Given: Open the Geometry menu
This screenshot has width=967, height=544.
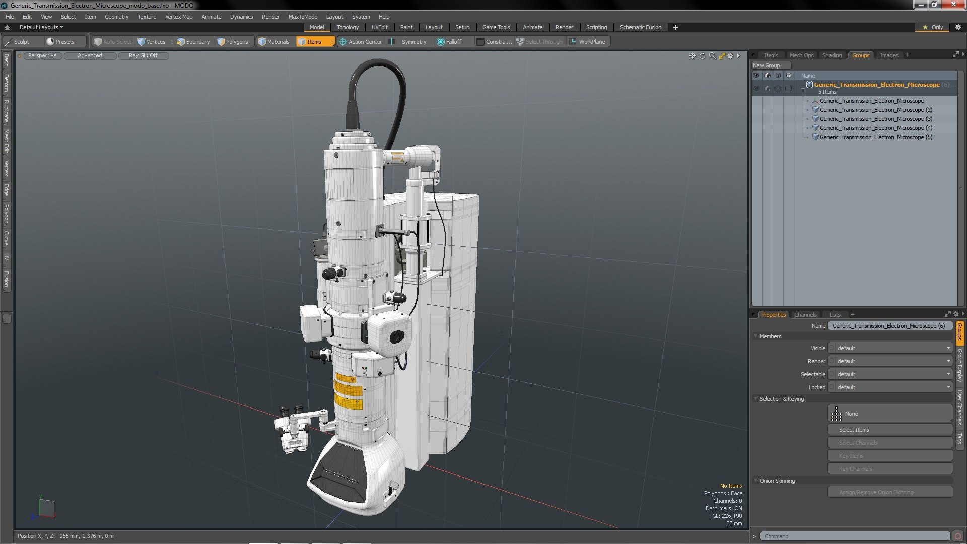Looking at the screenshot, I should click(x=116, y=17).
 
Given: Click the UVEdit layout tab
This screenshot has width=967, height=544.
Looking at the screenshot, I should click(x=379, y=27).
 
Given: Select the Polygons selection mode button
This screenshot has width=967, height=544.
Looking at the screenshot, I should click(x=233, y=42).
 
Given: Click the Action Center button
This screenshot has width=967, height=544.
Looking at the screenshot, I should click(x=361, y=42).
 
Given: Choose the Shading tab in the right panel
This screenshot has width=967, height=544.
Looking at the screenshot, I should click(x=832, y=55).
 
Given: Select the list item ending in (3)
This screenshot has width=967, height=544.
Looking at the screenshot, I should click(x=875, y=119).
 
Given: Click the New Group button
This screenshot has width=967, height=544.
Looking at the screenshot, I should click(x=766, y=65).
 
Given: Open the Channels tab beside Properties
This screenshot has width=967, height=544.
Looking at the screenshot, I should click(x=805, y=315).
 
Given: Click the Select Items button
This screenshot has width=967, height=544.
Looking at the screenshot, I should click(x=889, y=430).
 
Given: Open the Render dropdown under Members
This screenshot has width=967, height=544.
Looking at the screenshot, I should click(x=889, y=361).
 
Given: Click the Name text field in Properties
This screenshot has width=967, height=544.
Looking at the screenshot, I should click(x=889, y=326).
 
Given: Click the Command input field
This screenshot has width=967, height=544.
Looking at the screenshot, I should click(x=854, y=536).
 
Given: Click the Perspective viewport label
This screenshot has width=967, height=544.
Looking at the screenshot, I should click(x=42, y=56).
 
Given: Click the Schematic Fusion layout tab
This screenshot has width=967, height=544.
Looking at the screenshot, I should click(x=640, y=27).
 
